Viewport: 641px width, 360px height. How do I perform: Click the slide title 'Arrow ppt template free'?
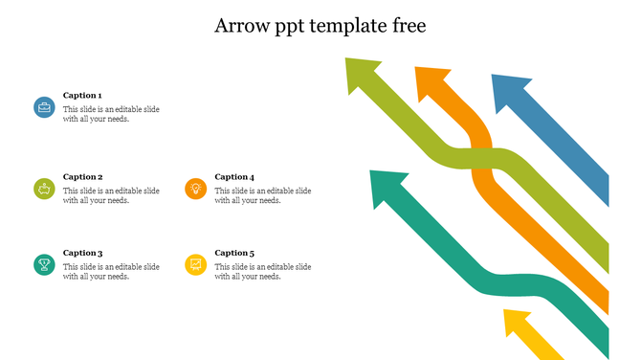point(320,26)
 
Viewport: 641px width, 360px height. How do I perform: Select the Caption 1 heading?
point(82,96)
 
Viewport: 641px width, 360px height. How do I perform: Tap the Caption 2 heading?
point(82,177)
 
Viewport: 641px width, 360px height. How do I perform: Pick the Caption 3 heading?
point(82,253)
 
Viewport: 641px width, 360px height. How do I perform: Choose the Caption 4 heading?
point(234,177)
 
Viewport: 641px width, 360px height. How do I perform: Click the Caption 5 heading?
point(234,253)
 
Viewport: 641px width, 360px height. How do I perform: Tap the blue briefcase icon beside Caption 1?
point(44,108)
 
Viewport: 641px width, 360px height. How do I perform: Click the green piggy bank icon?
point(44,189)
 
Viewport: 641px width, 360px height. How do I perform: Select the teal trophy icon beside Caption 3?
point(44,264)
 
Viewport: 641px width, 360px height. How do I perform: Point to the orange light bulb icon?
point(196,189)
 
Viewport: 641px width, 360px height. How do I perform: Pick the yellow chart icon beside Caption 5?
point(196,264)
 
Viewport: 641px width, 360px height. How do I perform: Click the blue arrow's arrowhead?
point(508,89)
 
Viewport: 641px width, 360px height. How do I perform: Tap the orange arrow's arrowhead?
point(431,80)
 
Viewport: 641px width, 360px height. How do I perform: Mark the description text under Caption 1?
point(111,114)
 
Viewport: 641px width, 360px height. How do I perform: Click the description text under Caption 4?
point(262,195)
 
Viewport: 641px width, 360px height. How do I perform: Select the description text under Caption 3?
point(111,271)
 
